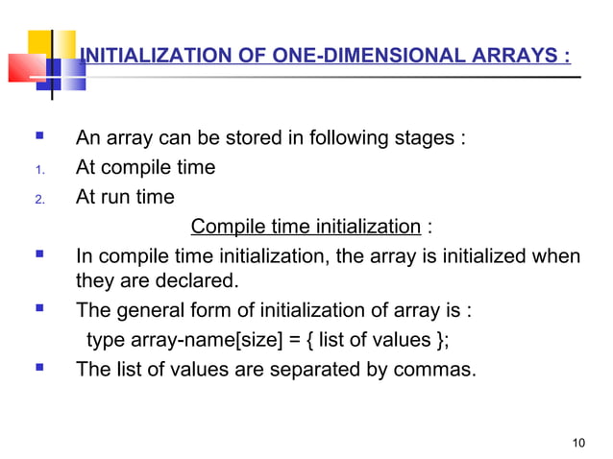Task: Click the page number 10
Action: [x=576, y=443]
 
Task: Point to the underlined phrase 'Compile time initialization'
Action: [x=306, y=228]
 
